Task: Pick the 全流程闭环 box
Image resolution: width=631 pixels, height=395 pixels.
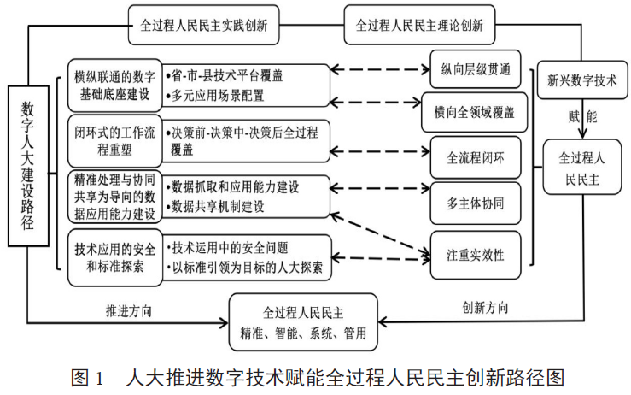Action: click(476, 158)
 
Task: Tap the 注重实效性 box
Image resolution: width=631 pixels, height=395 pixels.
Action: click(476, 255)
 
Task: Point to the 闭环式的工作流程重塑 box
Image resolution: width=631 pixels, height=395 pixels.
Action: click(112, 139)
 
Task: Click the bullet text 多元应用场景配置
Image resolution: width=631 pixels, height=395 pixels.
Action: click(219, 95)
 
